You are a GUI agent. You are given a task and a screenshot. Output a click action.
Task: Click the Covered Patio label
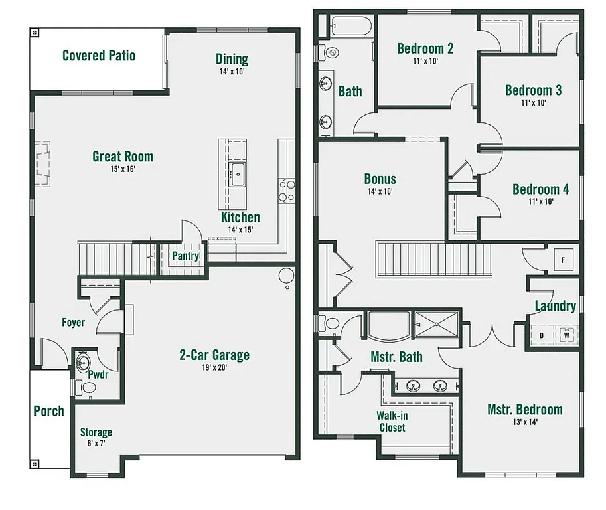point(98,55)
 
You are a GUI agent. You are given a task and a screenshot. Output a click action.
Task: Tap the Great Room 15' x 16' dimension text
point(122,169)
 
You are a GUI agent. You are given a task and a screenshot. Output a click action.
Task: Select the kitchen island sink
point(236,175)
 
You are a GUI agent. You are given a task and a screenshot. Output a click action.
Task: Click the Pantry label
point(186,256)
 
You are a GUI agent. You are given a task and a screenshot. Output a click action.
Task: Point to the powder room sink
point(83,363)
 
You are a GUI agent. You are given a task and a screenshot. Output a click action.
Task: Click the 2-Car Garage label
point(214,355)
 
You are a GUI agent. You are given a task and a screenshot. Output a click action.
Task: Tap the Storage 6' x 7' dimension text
point(96,443)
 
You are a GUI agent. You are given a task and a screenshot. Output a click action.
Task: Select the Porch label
point(49,411)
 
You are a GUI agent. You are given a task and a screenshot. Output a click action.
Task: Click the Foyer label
point(73,323)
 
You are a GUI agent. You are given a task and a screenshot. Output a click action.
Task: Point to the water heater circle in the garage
point(285,275)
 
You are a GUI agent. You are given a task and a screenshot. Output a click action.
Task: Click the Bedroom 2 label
point(425,48)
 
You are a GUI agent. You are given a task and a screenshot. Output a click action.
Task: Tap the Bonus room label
point(380,179)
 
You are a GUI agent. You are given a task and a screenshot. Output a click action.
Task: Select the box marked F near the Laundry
point(563,260)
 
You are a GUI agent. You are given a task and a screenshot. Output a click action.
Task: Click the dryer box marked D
point(542,335)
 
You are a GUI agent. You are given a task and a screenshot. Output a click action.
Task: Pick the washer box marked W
point(567,335)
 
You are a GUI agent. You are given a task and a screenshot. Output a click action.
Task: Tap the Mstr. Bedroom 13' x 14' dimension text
point(524,422)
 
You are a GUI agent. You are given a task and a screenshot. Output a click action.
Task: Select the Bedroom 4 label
point(540,189)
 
